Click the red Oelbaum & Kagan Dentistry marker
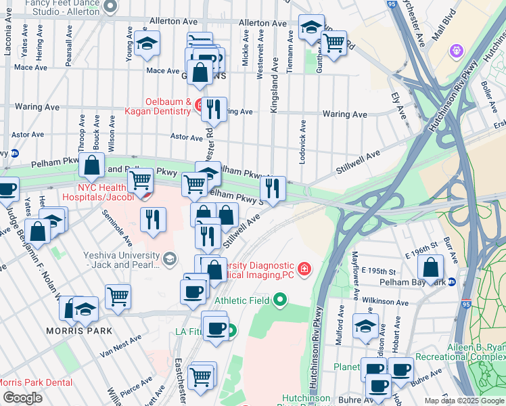coord(200,105)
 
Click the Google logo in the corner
coord(22,398)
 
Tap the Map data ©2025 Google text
coord(464,401)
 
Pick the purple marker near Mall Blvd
coord(457,51)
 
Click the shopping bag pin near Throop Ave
coord(91,164)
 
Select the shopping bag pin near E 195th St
coord(431,266)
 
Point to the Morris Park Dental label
coord(34,382)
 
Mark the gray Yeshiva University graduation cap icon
coord(169,258)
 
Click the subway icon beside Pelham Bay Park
coord(452,281)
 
